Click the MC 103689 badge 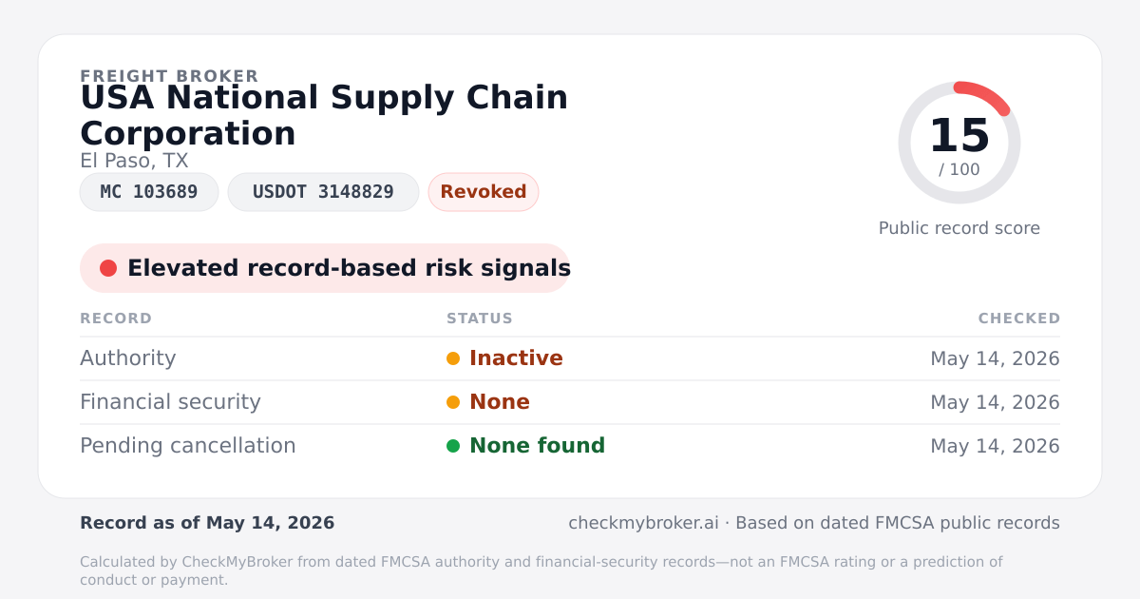tap(149, 192)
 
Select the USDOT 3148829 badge tap(323, 192)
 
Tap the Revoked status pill tap(484, 192)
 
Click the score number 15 tap(959, 135)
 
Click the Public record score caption tap(959, 228)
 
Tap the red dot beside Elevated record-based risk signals tap(108, 268)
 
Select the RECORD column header tap(116, 319)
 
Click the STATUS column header tap(480, 319)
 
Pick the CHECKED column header tap(1018, 319)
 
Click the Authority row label tap(127, 358)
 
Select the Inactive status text tap(516, 358)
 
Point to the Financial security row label tap(170, 402)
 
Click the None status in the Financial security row tap(500, 402)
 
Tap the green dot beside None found tap(453, 446)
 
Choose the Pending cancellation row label tap(188, 446)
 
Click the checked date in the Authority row tap(995, 358)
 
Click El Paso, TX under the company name tap(134, 161)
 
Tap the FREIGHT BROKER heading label tap(169, 76)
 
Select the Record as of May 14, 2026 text tap(207, 523)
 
